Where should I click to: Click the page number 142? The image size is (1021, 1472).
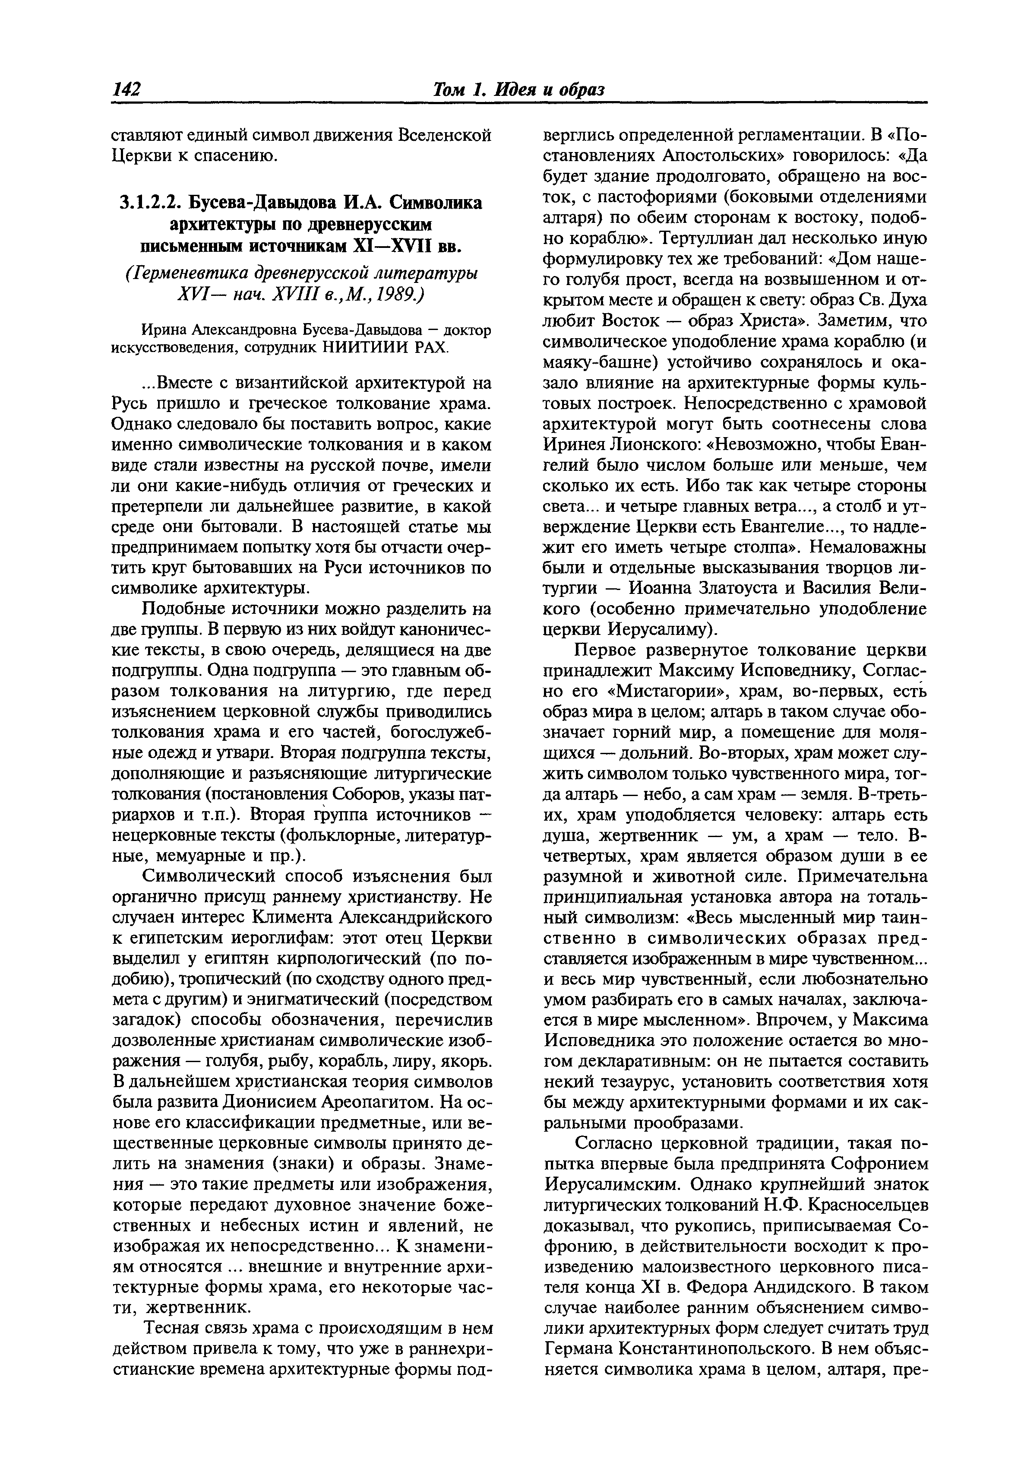[126, 89]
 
